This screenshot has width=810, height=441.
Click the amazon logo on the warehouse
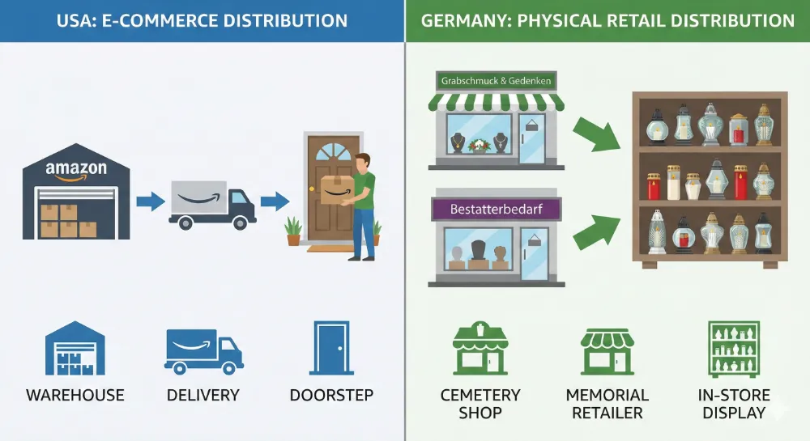76,171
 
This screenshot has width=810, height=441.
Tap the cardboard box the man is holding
335,190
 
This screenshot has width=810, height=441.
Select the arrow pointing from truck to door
275,201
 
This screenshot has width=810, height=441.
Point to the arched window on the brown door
332,153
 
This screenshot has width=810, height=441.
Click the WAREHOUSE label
75,396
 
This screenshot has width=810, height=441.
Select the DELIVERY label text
202,396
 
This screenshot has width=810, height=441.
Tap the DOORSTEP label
331,396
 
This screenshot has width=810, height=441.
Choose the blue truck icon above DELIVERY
202,350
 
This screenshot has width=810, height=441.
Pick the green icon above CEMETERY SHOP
480,348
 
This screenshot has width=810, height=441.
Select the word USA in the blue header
75,20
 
